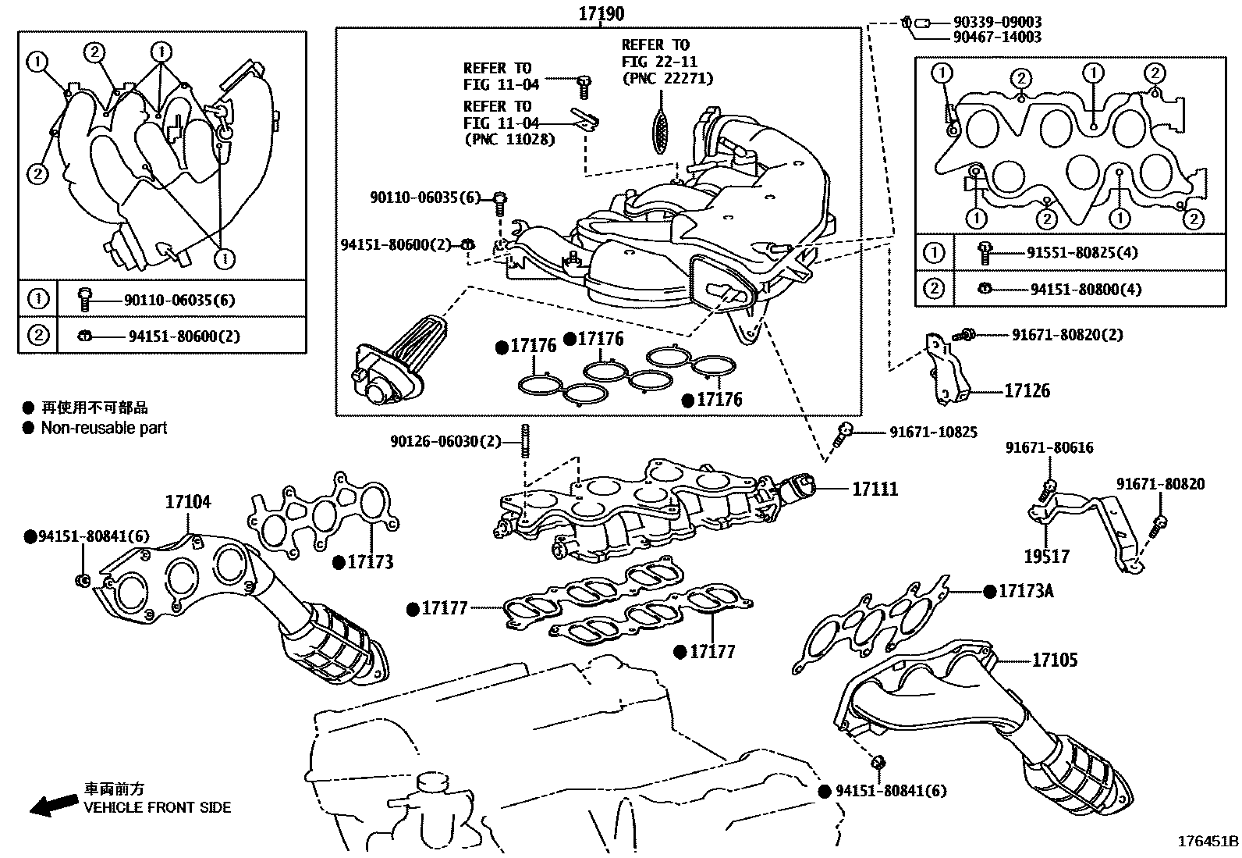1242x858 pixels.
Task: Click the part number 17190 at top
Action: click(601, 13)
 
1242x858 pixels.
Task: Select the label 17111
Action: click(875, 490)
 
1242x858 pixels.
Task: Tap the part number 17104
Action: click(187, 502)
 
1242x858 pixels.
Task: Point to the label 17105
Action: click(1054, 660)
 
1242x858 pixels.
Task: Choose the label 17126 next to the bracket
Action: click(1027, 391)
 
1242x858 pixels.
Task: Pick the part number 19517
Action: click(1046, 557)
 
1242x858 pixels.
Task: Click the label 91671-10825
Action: click(933, 432)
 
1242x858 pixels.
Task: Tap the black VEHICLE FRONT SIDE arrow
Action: click(53, 806)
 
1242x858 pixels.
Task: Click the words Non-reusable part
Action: click(104, 428)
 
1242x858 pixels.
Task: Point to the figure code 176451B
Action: click(1208, 842)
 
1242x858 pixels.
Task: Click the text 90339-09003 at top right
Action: click(996, 23)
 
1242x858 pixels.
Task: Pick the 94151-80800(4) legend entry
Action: click(1085, 290)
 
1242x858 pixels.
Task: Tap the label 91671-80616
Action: click(1049, 448)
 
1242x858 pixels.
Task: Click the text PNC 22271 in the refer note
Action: click(667, 78)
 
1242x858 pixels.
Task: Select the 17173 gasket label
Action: click(370, 562)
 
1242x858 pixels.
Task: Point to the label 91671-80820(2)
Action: click(1067, 335)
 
